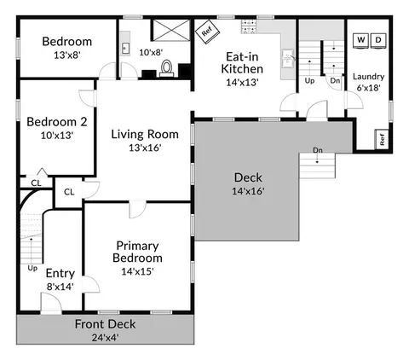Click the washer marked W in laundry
coord(360,40)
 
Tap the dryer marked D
coord(378,40)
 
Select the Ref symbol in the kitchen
coord(207,32)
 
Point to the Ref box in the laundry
coord(382,139)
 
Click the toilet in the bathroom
coord(166,68)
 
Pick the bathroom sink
coord(125,48)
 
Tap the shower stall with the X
coord(171,30)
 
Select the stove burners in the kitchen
coord(249,26)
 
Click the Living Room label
coord(145,134)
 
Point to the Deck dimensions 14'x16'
coord(248,191)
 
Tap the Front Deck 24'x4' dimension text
coord(105,338)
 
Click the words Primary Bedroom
coord(138,252)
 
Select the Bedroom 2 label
coord(57,122)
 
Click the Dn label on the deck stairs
coord(318,150)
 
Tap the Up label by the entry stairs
coord(32,268)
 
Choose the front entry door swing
coord(51,303)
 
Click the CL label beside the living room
coord(69,192)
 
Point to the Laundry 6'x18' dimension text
coord(368,88)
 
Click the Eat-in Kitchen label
coord(242,63)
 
